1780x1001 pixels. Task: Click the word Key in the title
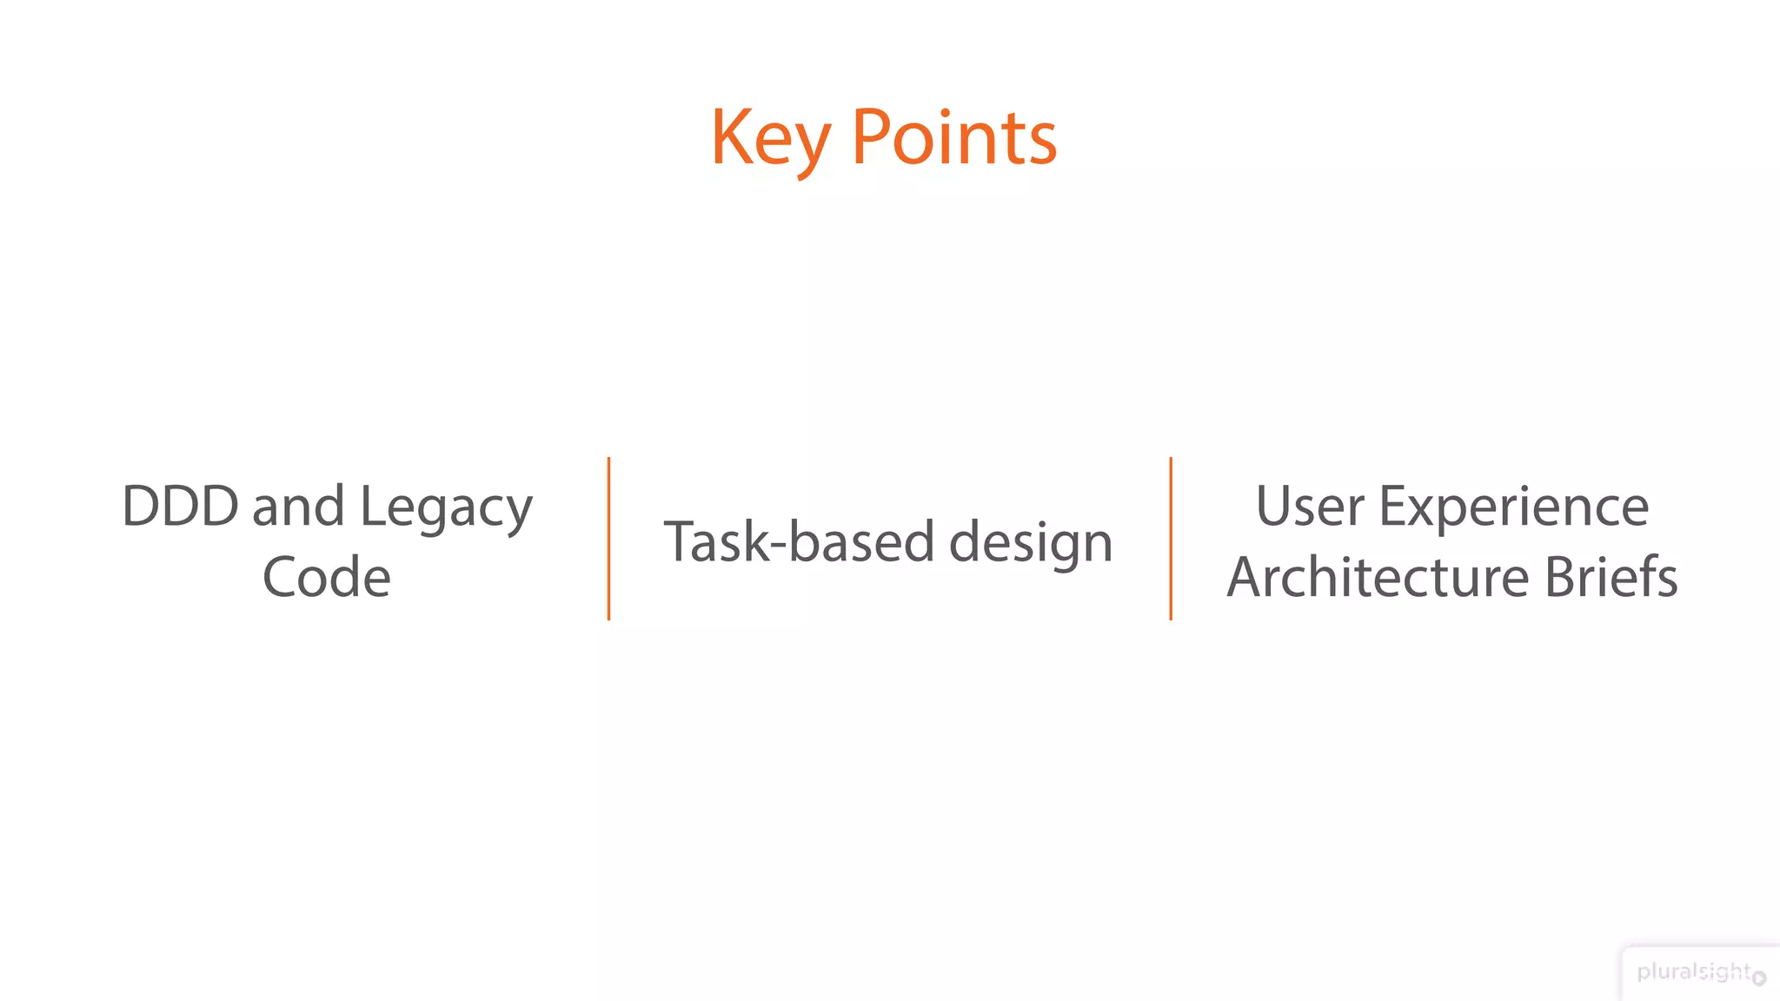click(770, 139)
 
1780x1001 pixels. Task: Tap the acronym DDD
click(180, 506)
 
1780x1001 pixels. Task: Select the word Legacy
click(446, 507)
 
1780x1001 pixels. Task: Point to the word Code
click(327, 577)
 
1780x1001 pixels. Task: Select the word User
click(1310, 506)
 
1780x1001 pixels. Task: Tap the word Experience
click(1514, 507)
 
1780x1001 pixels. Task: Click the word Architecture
click(1378, 577)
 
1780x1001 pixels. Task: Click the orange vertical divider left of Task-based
click(608, 539)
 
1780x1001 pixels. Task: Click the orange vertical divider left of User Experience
click(1171, 539)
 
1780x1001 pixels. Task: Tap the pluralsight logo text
click(1693, 971)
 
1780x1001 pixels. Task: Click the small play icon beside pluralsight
click(1759, 978)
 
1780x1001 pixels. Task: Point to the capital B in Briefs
click(1559, 577)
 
